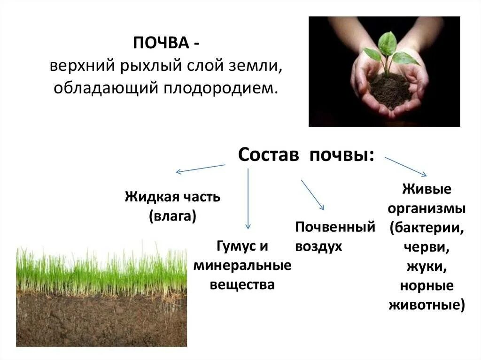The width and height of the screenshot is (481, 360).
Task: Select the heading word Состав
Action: click(269, 155)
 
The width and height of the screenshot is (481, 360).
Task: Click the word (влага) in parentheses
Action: click(172, 216)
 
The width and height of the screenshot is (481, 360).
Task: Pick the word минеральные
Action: click(242, 266)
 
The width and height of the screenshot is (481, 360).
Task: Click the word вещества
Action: click(242, 284)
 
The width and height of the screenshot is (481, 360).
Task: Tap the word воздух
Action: click(318, 246)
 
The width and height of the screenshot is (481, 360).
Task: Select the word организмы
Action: click(427, 208)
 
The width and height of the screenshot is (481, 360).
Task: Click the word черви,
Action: click(427, 247)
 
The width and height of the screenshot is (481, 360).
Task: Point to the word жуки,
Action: click(427, 267)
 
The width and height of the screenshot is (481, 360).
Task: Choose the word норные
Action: click(427, 285)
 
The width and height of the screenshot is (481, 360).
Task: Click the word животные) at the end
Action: click(427, 305)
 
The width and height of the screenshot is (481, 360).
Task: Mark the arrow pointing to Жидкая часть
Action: click(201, 169)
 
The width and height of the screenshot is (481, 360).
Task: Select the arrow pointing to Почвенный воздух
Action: click(312, 194)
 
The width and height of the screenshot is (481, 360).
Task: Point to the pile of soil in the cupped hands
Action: click(390, 89)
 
